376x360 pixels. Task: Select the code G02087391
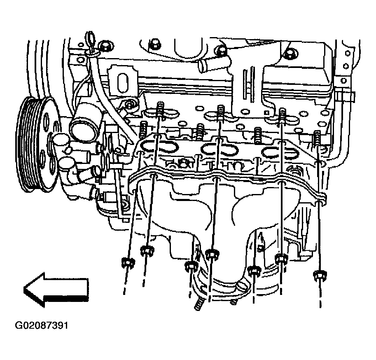coord(42,325)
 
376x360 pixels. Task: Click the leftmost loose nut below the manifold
coord(128,263)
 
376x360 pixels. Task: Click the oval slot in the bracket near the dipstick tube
coord(124,82)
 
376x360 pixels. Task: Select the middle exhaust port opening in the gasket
coord(220,149)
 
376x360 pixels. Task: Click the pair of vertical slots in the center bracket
coord(248,83)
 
